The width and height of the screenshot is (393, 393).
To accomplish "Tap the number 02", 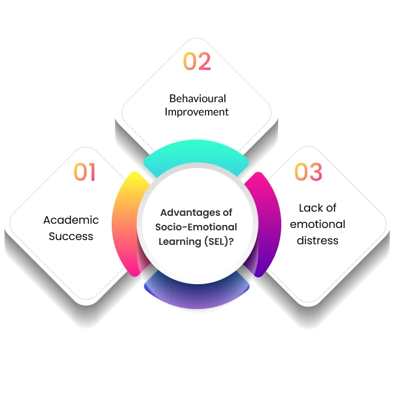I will [197, 62].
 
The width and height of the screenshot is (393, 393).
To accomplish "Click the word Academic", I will [71, 220].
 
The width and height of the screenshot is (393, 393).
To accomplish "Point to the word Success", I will [71, 236].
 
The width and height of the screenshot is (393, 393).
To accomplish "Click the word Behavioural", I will [197, 98].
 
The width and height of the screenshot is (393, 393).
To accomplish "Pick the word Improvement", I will [197, 112].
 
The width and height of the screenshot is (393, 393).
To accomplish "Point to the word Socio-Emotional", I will [196, 227].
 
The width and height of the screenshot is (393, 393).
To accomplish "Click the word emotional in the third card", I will [317, 224].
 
